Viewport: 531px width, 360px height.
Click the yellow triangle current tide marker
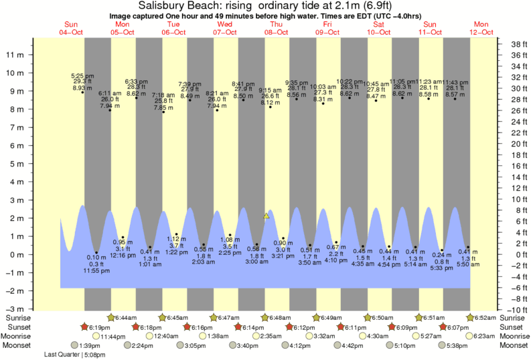pos(267,215)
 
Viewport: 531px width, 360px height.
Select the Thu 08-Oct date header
pos(276,28)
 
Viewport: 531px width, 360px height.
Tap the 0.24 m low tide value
pos(442,255)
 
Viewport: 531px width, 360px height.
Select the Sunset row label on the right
pos(512,326)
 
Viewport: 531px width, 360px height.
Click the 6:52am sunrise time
pos(486,317)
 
